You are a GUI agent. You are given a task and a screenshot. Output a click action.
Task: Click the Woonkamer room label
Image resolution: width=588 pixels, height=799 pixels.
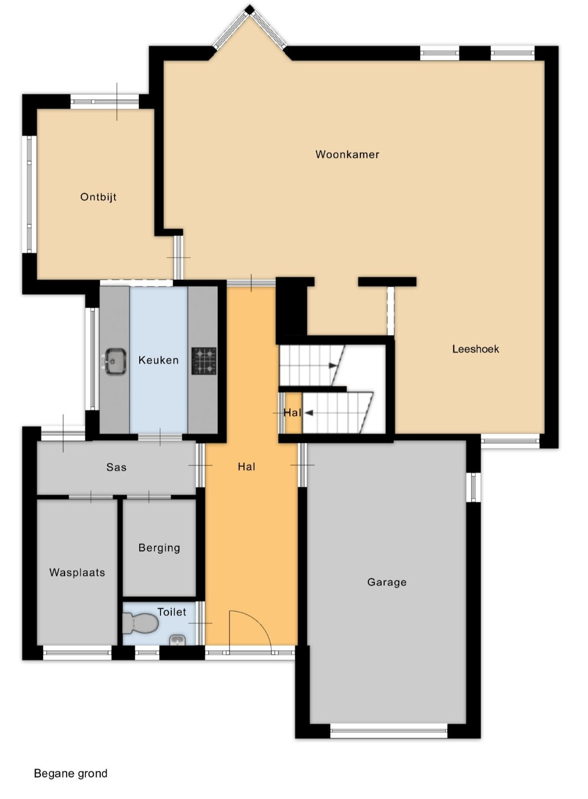click(x=347, y=154)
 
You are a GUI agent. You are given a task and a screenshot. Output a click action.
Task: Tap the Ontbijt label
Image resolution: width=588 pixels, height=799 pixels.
click(x=99, y=197)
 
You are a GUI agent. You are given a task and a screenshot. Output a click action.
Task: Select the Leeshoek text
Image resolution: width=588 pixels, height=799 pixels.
click(x=475, y=349)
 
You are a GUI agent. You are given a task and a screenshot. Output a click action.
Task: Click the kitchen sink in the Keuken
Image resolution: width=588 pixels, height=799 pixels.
click(x=116, y=362)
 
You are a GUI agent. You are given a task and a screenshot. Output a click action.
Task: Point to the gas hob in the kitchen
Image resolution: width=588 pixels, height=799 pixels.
click(x=204, y=361)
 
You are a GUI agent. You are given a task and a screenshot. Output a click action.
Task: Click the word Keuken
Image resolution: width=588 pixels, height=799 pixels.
click(x=158, y=360)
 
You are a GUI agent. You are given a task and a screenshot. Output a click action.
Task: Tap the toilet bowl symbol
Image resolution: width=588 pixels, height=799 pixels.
click(x=140, y=623)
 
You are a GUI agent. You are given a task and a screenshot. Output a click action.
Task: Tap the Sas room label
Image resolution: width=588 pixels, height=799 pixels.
click(x=117, y=467)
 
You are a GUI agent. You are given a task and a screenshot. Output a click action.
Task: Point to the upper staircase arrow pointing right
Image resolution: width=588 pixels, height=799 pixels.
click(x=332, y=365)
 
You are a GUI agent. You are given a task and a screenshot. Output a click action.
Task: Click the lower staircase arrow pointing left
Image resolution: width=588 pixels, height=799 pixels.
click(x=309, y=413)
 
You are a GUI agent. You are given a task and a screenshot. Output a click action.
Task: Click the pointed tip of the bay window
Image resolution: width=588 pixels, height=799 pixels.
click(x=250, y=8)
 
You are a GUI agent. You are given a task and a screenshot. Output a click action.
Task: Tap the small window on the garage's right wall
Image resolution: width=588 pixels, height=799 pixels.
click(x=473, y=487)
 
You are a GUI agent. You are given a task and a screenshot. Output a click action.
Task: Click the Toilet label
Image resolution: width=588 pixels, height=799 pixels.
click(x=172, y=612)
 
